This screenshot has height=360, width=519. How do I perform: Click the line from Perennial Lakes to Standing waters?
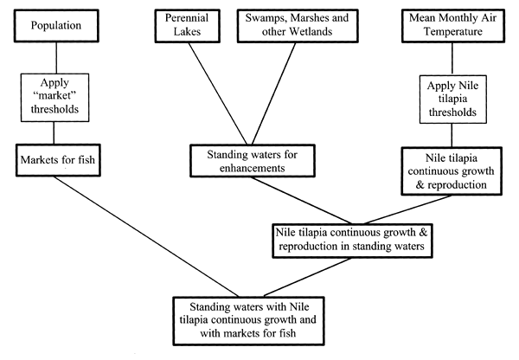pyautogui.click(x=205, y=95)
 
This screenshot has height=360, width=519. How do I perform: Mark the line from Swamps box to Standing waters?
pyautogui.click(x=267, y=95)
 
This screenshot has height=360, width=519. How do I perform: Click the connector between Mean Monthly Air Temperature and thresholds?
pyautogui.click(x=452, y=61)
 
